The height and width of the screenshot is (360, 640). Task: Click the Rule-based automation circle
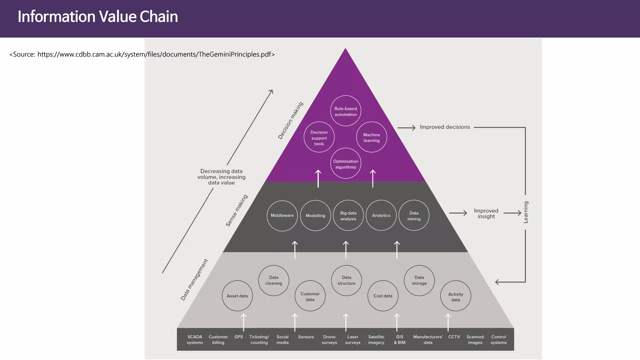[346, 111]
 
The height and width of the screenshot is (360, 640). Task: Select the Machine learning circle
[372, 137]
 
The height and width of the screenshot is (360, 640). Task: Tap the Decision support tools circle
[319, 137]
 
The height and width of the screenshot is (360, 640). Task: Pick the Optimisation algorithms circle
[346, 163]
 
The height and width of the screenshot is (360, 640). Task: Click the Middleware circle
[282, 216]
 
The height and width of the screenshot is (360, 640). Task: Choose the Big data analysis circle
[348, 216]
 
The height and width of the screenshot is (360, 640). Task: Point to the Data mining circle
[414, 216]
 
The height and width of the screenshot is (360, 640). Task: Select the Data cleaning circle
[274, 280]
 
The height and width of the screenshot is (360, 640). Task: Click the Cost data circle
[383, 296]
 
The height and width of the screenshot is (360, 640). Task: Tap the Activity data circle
[456, 296]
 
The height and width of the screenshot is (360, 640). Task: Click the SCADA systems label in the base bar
[195, 340]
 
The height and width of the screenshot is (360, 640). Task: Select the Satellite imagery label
[376, 340]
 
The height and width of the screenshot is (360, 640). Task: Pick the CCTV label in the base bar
[454, 337]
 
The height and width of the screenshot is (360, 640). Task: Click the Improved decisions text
[445, 127]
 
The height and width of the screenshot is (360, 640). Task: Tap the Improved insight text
[486, 213]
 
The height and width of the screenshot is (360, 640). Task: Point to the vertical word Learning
[526, 212]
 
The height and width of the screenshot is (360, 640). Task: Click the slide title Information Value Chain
[97, 17]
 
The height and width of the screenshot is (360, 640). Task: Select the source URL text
[142, 54]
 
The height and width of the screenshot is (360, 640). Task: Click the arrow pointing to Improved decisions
[406, 127]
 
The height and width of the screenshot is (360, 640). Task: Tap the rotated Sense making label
[237, 210]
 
